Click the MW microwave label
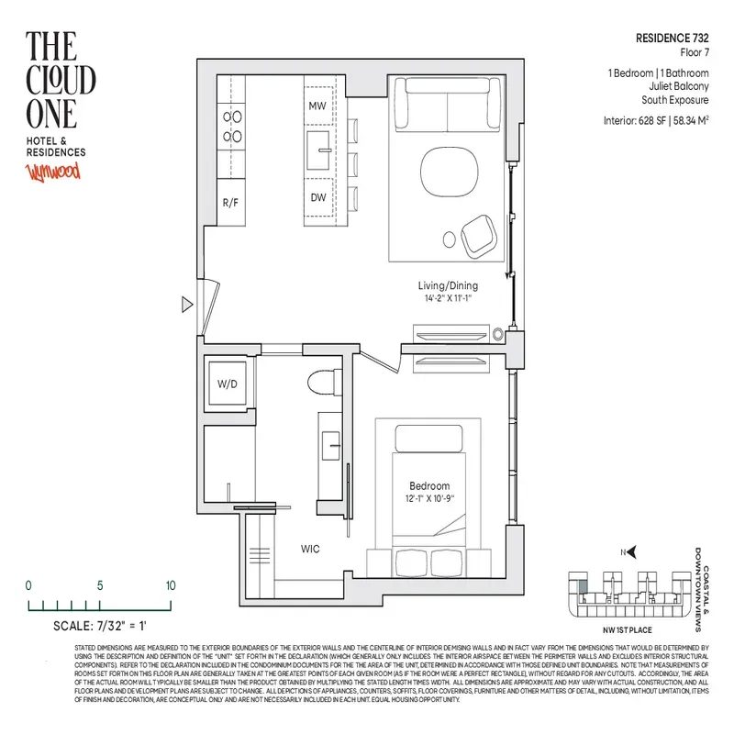click(x=317, y=106)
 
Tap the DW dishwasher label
click(x=317, y=197)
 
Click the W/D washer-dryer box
click(x=227, y=384)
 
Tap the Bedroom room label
click(x=429, y=485)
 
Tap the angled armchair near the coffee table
click(x=479, y=235)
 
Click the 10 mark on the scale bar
click(x=171, y=585)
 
